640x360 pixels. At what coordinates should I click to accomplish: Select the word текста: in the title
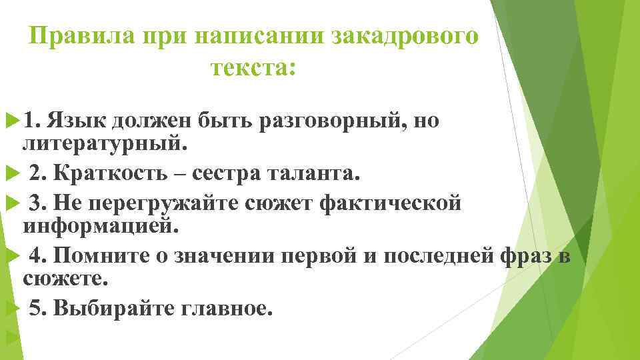point(252,67)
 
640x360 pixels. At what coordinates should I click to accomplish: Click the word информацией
point(101,225)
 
